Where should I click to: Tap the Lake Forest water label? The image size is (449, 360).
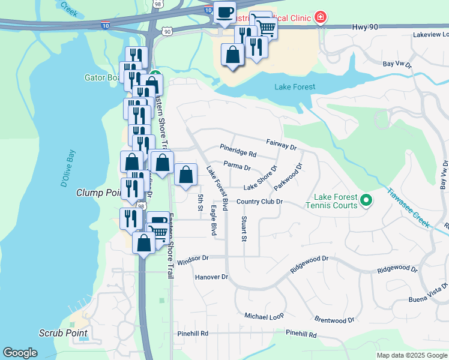[x=295, y=87]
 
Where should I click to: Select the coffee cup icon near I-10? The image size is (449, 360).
[x=225, y=13]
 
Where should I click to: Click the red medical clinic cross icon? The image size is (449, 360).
[x=321, y=17]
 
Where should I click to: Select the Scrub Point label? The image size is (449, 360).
[x=63, y=333]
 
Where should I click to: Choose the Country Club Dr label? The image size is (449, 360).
[x=259, y=202]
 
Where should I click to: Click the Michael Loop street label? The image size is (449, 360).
[x=264, y=316]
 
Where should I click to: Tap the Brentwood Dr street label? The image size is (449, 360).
[x=334, y=320]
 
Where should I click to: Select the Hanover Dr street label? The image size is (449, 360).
[x=212, y=277]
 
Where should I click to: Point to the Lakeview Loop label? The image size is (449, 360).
[x=430, y=35]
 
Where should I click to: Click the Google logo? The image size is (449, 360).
[x=20, y=353]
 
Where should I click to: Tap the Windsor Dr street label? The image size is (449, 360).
[x=192, y=257]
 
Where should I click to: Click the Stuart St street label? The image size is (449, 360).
[x=244, y=228]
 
